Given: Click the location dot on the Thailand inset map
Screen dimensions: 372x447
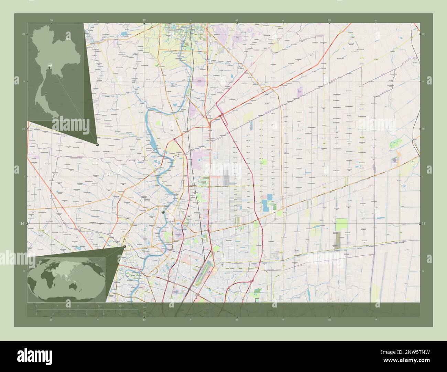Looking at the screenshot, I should click(50, 67).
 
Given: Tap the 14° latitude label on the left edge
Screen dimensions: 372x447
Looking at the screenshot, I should click(22, 224).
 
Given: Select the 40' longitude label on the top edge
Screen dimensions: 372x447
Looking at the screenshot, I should click(237, 21).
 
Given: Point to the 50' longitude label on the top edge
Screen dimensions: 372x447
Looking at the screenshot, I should click(329, 21).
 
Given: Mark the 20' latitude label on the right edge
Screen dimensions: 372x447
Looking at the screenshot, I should click(423, 34).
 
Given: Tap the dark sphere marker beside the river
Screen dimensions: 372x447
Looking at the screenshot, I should click(164, 213).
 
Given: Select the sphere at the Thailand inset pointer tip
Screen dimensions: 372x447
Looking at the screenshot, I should click(97, 145).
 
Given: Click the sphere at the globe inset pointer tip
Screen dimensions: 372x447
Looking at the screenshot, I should click(124, 246).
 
